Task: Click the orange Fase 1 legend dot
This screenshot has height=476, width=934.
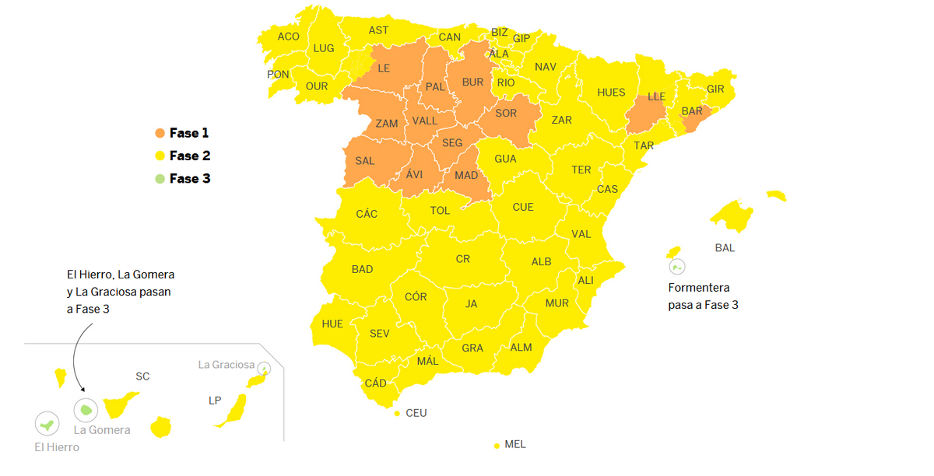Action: tap(160, 134)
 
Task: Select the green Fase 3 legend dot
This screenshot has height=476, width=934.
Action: tap(160, 179)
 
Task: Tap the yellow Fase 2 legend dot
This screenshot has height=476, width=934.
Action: tap(160, 156)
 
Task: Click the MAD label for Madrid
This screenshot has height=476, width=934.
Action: tap(466, 176)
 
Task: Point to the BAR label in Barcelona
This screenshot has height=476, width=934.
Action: tap(692, 111)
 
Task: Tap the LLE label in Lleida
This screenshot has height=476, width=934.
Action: tap(657, 97)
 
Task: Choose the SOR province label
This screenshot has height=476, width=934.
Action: tap(506, 114)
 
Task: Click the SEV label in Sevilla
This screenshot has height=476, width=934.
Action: tap(379, 334)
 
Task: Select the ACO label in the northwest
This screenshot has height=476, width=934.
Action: tap(288, 37)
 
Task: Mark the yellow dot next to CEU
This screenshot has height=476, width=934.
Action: tap(397, 413)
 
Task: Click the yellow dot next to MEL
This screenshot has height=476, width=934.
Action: tap(497, 446)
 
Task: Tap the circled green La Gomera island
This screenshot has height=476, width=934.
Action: tap(86, 409)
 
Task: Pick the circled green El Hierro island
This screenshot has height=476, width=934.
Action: tap(47, 425)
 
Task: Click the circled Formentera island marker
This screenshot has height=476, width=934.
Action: tap(676, 267)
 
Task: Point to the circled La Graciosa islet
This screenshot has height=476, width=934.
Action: tap(265, 369)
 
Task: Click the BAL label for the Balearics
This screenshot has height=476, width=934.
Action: tap(725, 248)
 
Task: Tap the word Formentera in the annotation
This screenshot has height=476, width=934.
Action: tap(699, 288)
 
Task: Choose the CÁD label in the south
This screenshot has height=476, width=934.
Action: tap(376, 383)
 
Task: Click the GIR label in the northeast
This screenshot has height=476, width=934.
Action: tap(715, 89)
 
